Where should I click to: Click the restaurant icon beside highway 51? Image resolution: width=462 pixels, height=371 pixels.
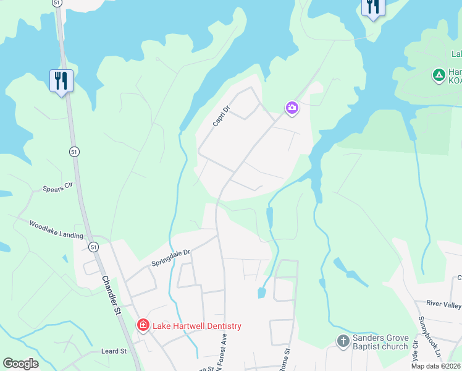pos(61,81)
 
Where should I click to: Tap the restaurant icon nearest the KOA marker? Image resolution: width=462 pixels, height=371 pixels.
pos(372,7)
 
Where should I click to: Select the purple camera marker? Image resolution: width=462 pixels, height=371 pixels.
pos(292,109)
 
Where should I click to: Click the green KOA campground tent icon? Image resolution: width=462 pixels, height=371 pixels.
pos(439,75)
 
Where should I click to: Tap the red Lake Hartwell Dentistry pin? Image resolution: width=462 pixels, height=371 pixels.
pos(143,325)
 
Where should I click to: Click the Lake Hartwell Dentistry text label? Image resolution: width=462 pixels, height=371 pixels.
pos(196,326)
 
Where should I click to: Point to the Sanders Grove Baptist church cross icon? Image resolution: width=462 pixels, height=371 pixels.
pos(343,340)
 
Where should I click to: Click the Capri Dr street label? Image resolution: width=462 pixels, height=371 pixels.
pos(221,116)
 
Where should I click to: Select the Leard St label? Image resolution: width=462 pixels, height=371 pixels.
pos(114,351)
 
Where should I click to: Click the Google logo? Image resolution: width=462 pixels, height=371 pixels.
pos(20,364)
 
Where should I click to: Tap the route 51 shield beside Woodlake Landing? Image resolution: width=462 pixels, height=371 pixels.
pos(93,247)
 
